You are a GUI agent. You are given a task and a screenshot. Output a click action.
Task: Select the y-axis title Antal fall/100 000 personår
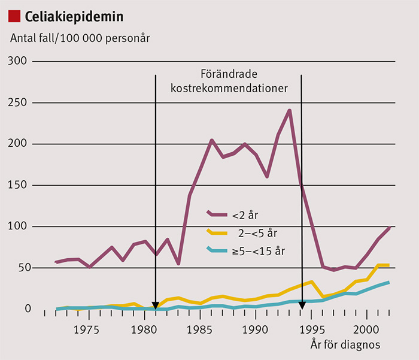(x=80, y=37)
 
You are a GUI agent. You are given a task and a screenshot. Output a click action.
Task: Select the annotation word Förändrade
(x=228, y=75)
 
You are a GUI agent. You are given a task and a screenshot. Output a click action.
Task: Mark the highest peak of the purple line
(x=290, y=110)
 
